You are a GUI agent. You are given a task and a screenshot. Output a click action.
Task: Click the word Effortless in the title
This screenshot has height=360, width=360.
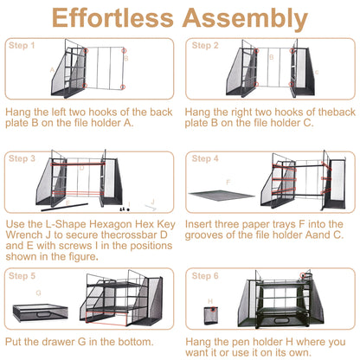(112, 17)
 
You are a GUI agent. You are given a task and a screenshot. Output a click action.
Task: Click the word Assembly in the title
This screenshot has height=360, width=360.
(245, 19)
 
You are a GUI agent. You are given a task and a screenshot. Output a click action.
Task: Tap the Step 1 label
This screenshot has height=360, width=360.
(22, 45)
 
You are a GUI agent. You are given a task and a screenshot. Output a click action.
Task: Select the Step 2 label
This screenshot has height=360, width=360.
(205, 45)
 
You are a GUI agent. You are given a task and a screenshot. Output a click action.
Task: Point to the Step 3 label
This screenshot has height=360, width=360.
(22, 158)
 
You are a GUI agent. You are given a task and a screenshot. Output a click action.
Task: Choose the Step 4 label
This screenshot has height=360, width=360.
(205, 158)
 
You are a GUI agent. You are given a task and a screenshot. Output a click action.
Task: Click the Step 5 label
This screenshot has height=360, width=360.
(22, 276)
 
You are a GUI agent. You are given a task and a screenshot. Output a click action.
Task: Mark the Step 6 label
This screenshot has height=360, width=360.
(205, 276)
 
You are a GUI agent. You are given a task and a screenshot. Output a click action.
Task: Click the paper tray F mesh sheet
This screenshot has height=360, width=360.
(222, 195)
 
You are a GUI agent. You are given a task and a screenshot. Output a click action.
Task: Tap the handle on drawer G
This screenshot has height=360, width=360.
(44, 314)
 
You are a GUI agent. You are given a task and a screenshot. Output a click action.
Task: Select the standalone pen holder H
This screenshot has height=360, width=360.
(211, 316)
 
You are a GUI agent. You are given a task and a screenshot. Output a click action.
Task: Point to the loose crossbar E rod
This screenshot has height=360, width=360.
(64, 207)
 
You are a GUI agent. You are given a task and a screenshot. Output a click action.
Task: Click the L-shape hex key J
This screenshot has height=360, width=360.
(151, 206)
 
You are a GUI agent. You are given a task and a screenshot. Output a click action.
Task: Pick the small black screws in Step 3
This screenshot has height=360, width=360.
(125, 209)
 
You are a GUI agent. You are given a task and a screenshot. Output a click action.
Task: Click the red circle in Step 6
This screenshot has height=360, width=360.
(302, 275)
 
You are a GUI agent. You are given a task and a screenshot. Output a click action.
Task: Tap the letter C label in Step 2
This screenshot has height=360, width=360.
(317, 72)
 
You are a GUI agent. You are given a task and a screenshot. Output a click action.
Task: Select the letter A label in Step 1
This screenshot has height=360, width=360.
(52, 70)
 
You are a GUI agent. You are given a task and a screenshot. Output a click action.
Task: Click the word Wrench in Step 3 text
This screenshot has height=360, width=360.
(24, 235)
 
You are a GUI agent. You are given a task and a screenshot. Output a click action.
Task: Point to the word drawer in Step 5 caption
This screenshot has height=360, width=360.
(56, 342)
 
